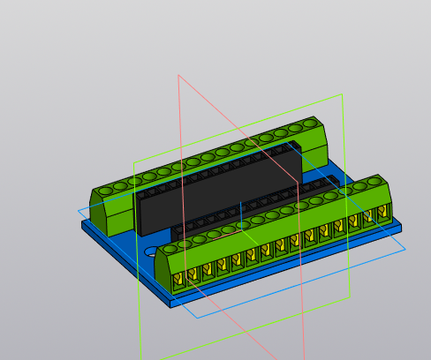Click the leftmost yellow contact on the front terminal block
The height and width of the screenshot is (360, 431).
pos(178,279)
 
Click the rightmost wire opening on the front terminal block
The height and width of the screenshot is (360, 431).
pos(382,213)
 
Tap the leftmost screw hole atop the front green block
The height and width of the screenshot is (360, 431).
pos(170,247)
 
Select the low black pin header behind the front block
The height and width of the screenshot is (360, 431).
pos(265,207)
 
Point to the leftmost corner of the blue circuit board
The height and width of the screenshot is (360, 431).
pos(83,224)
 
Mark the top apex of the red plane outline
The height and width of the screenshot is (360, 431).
pos(178,75)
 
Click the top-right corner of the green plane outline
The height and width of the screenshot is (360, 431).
pos(341,94)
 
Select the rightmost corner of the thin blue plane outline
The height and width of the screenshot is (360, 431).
pos(406,249)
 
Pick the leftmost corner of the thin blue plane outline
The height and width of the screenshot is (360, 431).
pos(77,210)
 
